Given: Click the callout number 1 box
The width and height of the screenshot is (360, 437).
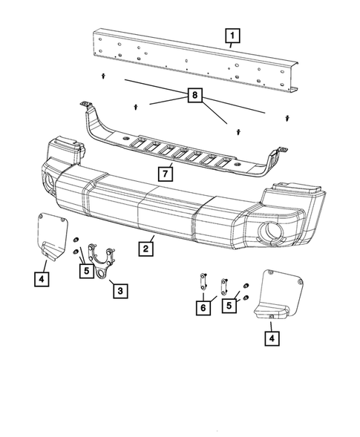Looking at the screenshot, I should click(233, 35).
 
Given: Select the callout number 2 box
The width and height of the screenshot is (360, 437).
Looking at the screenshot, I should click(147, 249).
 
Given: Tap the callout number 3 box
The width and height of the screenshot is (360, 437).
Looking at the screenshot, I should click(119, 291).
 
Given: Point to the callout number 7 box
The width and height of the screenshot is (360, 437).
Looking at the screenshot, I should click(168, 174).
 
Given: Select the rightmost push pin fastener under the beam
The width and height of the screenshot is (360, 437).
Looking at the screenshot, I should click(287, 117).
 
